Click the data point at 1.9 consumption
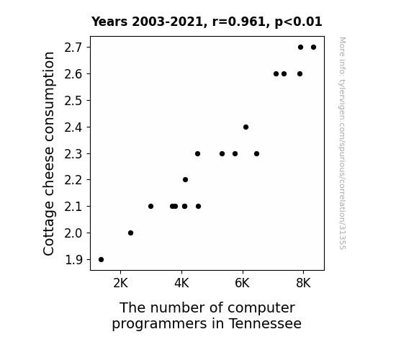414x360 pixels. pyautogui.click(x=101, y=259)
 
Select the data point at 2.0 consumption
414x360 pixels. pyautogui.click(x=130, y=233)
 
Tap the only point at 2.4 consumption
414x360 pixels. pyautogui.click(x=246, y=127)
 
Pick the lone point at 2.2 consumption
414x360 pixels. pyautogui.click(x=185, y=179)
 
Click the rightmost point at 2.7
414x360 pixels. pyautogui.click(x=313, y=48)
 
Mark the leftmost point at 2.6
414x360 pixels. pyautogui.click(x=276, y=73)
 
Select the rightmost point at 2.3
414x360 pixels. pyautogui.click(x=256, y=153)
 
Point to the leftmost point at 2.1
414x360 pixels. pyautogui.click(x=150, y=206)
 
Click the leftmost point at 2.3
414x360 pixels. pyautogui.click(x=197, y=153)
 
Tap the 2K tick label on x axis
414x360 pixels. pyautogui.click(x=121, y=283)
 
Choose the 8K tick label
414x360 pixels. pyautogui.click(x=303, y=283)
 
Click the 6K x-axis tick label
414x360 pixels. pyautogui.click(x=242, y=283)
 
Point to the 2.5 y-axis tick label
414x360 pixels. pyautogui.click(x=73, y=101)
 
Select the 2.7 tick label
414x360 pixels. pyautogui.click(x=73, y=48)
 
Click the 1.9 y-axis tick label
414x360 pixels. pyautogui.click(x=73, y=260)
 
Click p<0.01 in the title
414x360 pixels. pyautogui.click(x=299, y=22)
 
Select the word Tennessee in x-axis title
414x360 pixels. pyautogui.click(x=265, y=323)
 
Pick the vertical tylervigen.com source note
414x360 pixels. pyautogui.click(x=342, y=143)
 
